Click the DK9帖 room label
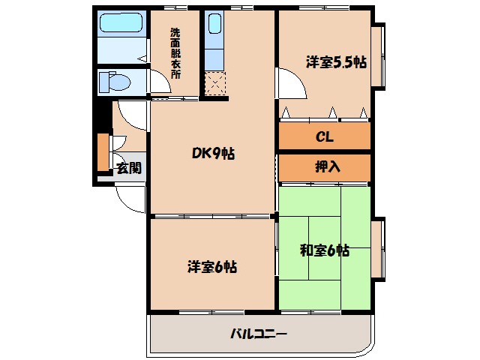tap(213, 154)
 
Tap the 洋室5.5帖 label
tap(336, 63)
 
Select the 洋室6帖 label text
tap(212, 266)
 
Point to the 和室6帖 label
tap(325, 250)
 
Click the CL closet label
tap(324, 137)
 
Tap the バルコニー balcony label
tap(259, 334)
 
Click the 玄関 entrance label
tap(128, 168)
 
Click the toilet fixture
tap(116, 81)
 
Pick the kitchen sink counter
tap(214, 41)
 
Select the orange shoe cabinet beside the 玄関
tap(103, 151)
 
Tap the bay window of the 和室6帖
tap(378, 247)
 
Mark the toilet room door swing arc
tap(133, 114)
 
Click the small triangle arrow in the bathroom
tap(141, 58)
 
